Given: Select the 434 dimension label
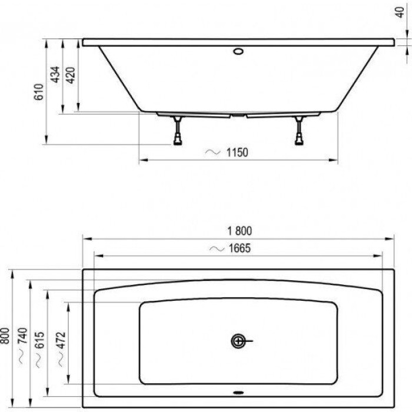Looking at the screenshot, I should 55,75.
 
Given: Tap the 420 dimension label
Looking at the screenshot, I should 69,75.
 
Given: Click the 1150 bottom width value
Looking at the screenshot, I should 237,152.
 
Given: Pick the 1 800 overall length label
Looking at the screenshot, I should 238,231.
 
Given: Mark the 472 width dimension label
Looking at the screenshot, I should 62,341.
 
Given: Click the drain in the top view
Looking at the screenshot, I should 238,341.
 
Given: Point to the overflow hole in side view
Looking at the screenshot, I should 238,51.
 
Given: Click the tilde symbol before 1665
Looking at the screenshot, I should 215,248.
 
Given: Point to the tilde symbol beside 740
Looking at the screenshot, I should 22,357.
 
